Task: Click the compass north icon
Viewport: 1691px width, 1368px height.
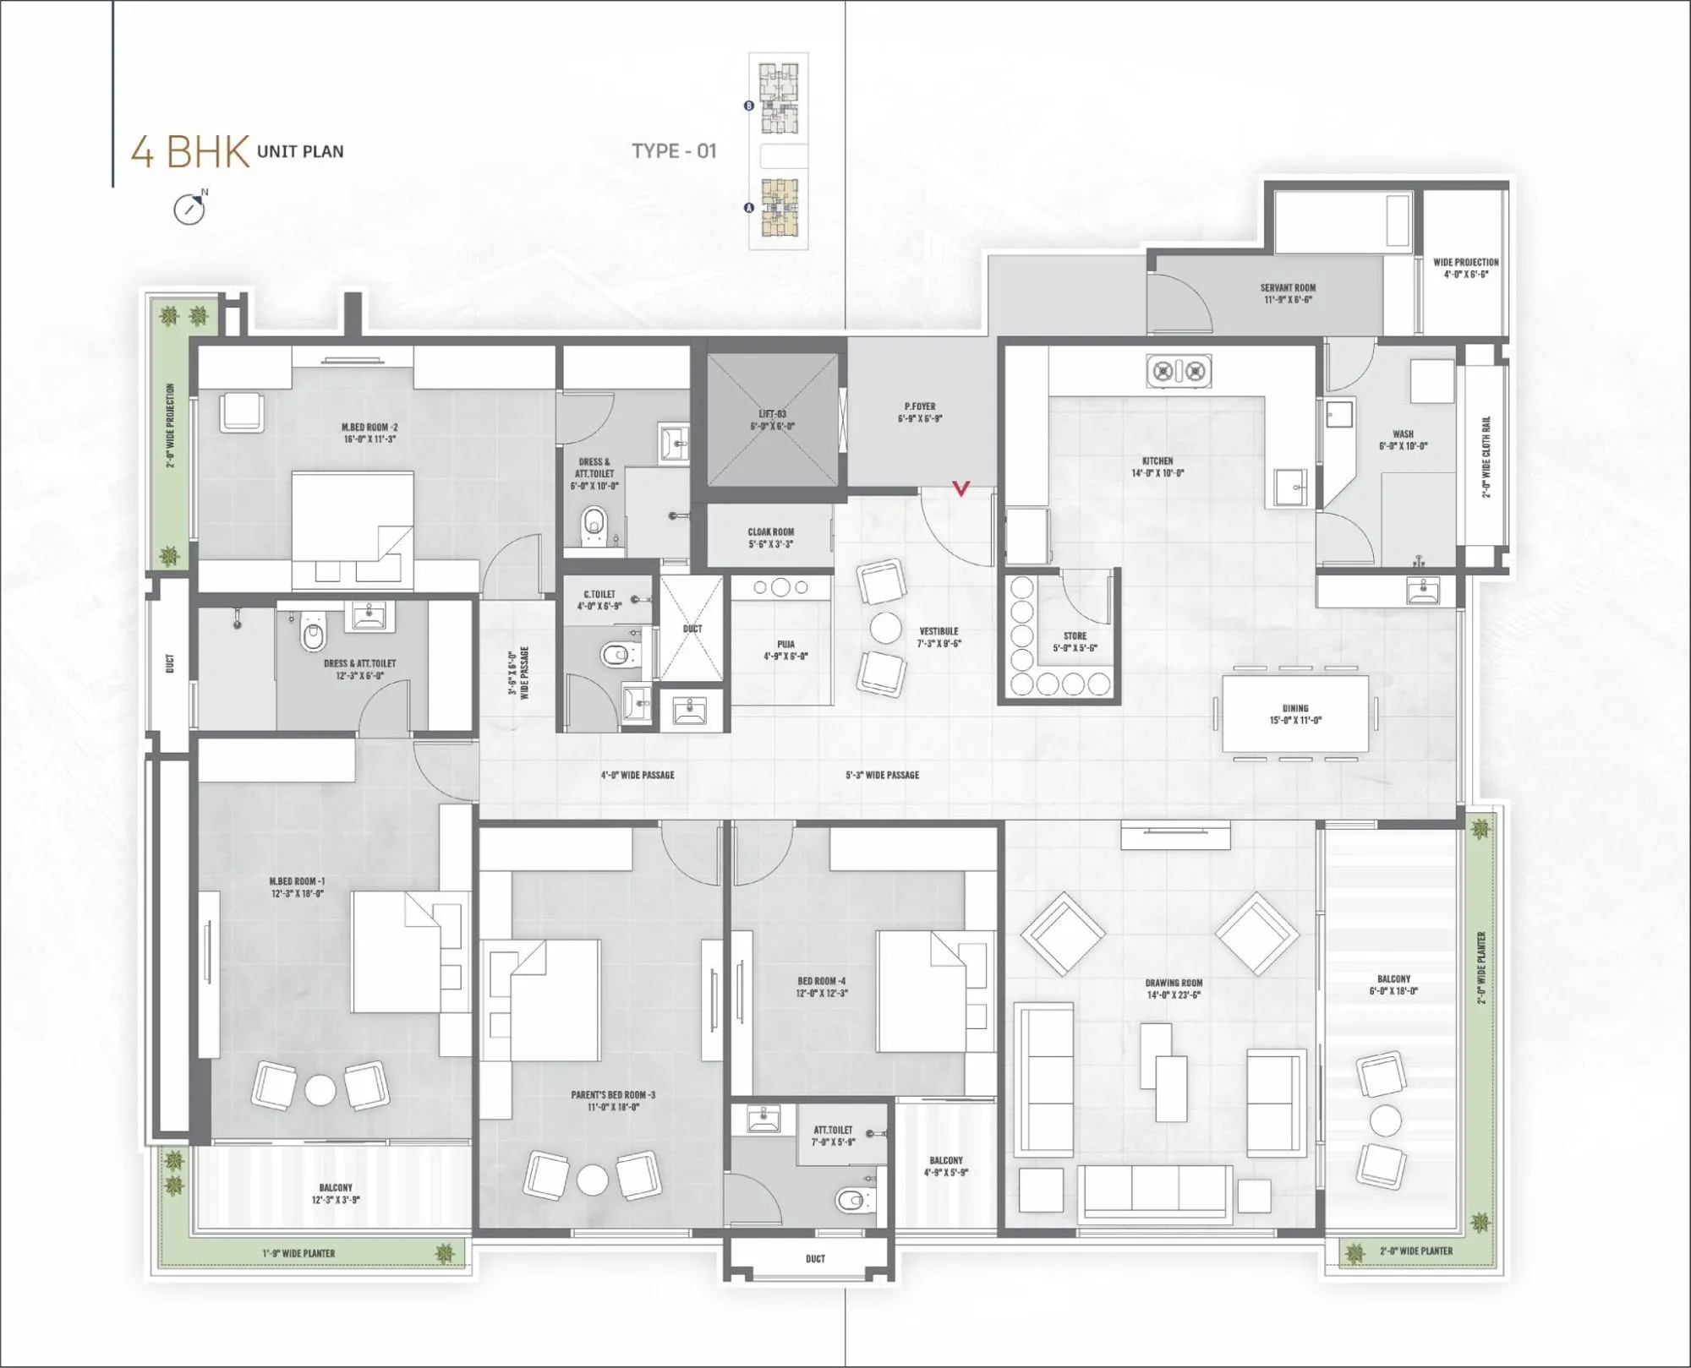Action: [189, 208]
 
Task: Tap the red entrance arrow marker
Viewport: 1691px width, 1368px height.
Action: [961, 488]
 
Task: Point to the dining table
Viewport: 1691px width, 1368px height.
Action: [1294, 713]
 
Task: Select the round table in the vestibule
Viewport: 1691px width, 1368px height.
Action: [886, 629]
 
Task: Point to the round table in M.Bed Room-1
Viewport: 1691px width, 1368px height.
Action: [321, 1089]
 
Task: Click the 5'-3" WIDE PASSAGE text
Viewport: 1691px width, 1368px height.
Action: [882, 775]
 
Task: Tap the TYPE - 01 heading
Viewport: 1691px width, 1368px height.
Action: [674, 151]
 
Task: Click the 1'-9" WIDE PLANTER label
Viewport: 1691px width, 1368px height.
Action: [298, 1253]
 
